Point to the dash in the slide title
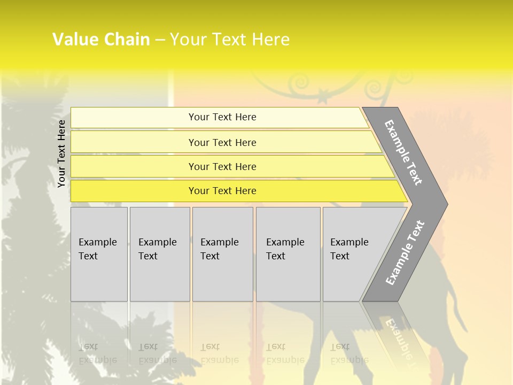160,40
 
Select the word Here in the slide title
270,40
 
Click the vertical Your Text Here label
62,153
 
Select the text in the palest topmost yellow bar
222,117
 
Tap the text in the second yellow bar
222,143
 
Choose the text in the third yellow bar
222,167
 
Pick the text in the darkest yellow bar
222,191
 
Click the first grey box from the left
99,254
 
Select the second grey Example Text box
160,254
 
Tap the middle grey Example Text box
222,254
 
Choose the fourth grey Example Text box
288,254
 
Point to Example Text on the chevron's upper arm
403,153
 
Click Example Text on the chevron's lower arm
405,252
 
